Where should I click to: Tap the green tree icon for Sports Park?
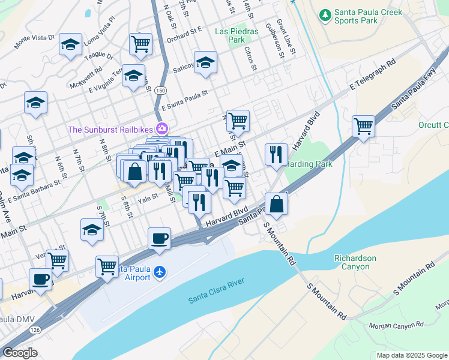[325, 13]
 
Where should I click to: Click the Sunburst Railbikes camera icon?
[161, 128]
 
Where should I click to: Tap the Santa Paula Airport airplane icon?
[159, 272]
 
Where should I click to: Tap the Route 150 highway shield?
[160, 89]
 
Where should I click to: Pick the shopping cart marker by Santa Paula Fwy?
[363, 127]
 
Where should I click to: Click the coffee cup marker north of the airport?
[160, 238]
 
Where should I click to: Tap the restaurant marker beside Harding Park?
[276, 154]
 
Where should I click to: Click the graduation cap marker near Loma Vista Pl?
[70, 44]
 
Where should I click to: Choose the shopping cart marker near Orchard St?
[140, 43]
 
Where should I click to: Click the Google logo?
[20, 353]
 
